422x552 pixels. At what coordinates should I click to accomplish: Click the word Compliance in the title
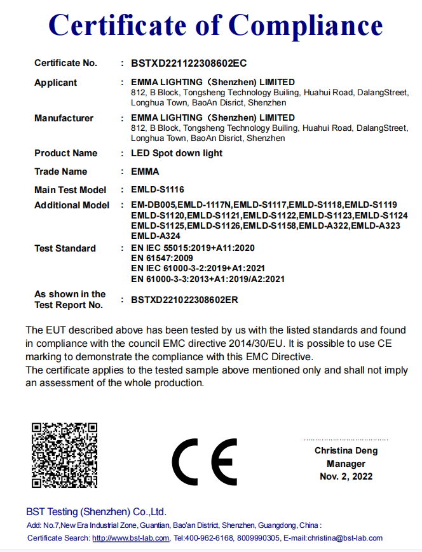(x=305, y=25)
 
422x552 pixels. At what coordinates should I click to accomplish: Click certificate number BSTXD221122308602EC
(x=189, y=63)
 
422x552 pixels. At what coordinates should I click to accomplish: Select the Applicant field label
(x=56, y=83)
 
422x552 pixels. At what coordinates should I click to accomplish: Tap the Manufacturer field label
(x=64, y=118)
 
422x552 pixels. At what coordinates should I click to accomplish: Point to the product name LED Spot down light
(x=177, y=153)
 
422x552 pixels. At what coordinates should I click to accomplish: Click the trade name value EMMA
(x=145, y=172)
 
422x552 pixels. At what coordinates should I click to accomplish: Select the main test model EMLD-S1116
(x=158, y=189)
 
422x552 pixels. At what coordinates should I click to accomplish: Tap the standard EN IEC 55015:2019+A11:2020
(x=193, y=248)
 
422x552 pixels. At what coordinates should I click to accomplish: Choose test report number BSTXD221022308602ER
(x=184, y=299)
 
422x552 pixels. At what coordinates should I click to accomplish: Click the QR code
(x=64, y=455)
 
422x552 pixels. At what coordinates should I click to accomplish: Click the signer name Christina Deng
(x=346, y=450)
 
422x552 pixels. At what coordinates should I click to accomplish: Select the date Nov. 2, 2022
(x=346, y=476)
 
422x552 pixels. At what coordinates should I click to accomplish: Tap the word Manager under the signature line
(x=346, y=464)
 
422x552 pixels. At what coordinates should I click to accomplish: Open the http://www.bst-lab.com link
(x=131, y=538)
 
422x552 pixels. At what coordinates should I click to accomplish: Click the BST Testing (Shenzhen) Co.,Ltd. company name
(x=96, y=511)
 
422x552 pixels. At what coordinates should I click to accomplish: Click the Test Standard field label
(x=65, y=248)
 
